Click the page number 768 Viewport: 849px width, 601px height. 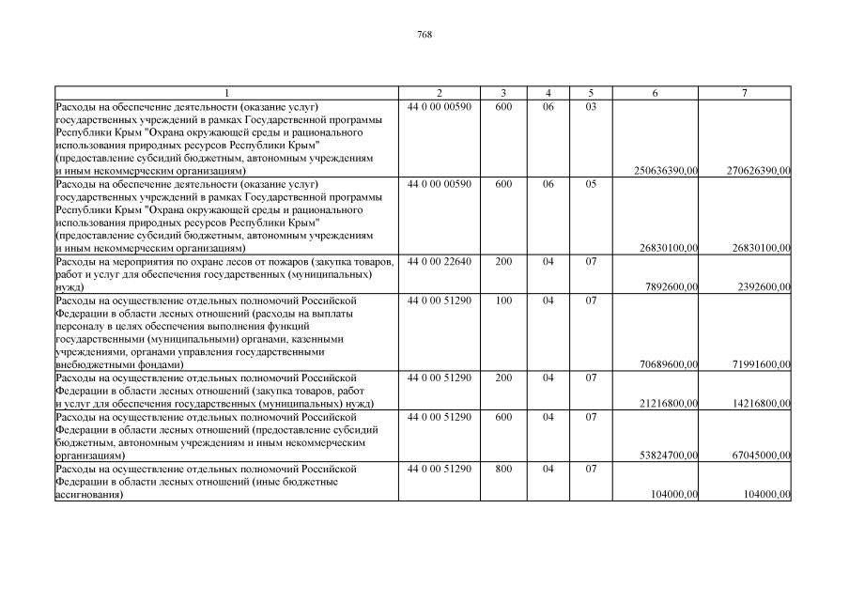424,34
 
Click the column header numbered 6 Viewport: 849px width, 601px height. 655,93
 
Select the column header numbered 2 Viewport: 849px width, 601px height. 440,93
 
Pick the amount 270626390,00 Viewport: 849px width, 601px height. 759,171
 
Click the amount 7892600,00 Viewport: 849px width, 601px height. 671,286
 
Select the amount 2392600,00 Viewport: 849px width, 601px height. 764,286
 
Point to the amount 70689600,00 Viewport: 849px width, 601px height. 669,363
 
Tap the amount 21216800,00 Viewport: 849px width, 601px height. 669,403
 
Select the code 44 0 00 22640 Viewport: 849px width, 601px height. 440,261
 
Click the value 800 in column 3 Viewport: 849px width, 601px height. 503,467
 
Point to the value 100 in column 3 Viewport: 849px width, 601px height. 503,300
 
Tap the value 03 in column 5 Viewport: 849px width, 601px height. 591,106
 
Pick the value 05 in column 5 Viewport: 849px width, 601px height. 591,183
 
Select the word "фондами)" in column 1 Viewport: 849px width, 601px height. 158,363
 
